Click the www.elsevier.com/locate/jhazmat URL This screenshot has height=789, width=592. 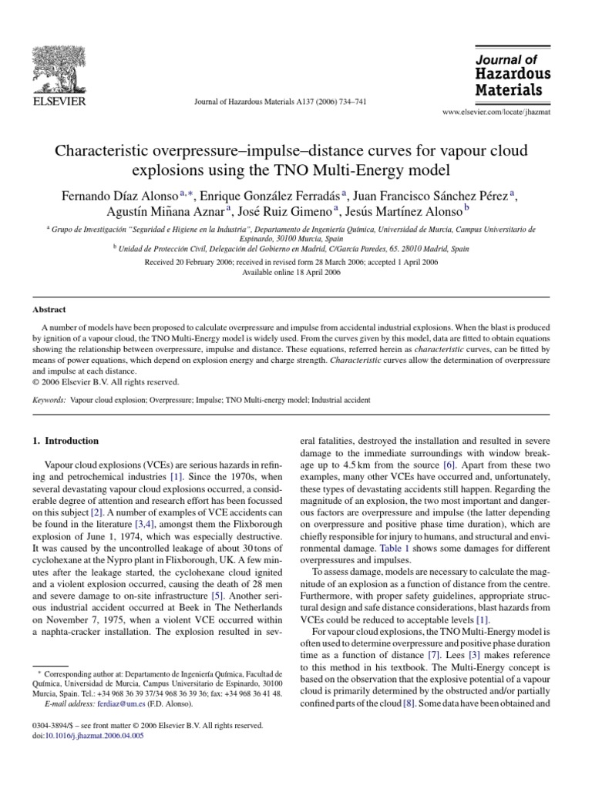coord(496,112)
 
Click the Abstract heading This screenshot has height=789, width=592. coord(49,309)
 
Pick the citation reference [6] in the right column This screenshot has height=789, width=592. coord(450,465)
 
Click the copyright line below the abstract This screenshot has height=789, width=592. coord(106,381)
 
